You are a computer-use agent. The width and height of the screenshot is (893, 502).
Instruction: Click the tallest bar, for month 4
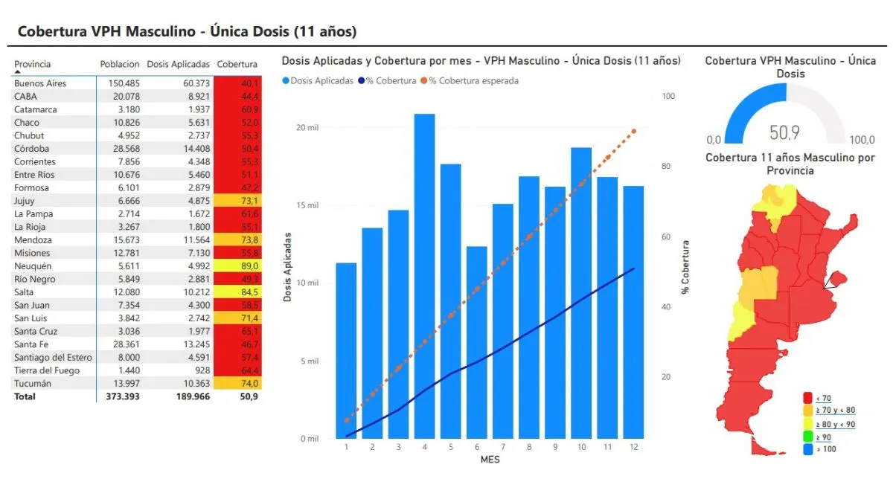[x=424, y=275]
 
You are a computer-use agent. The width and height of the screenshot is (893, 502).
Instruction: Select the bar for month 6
[x=476, y=342]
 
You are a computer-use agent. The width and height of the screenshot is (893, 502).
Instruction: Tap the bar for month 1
[x=346, y=350]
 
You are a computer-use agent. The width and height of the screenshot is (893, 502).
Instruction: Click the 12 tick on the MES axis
[x=633, y=446]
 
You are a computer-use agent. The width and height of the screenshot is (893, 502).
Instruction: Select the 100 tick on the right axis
[x=668, y=97]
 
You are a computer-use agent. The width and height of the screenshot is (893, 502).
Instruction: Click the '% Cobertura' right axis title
[x=685, y=266]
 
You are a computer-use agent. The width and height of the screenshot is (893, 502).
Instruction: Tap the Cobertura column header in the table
[x=237, y=64]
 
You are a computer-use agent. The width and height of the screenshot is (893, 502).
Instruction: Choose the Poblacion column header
[x=120, y=64]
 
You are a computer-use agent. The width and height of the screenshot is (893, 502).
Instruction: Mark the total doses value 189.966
[x=191, y=396]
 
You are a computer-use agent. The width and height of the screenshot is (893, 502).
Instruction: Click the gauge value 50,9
[x=784, y=132]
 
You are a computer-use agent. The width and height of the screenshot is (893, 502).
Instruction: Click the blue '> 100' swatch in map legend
[x=807, y=449]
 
